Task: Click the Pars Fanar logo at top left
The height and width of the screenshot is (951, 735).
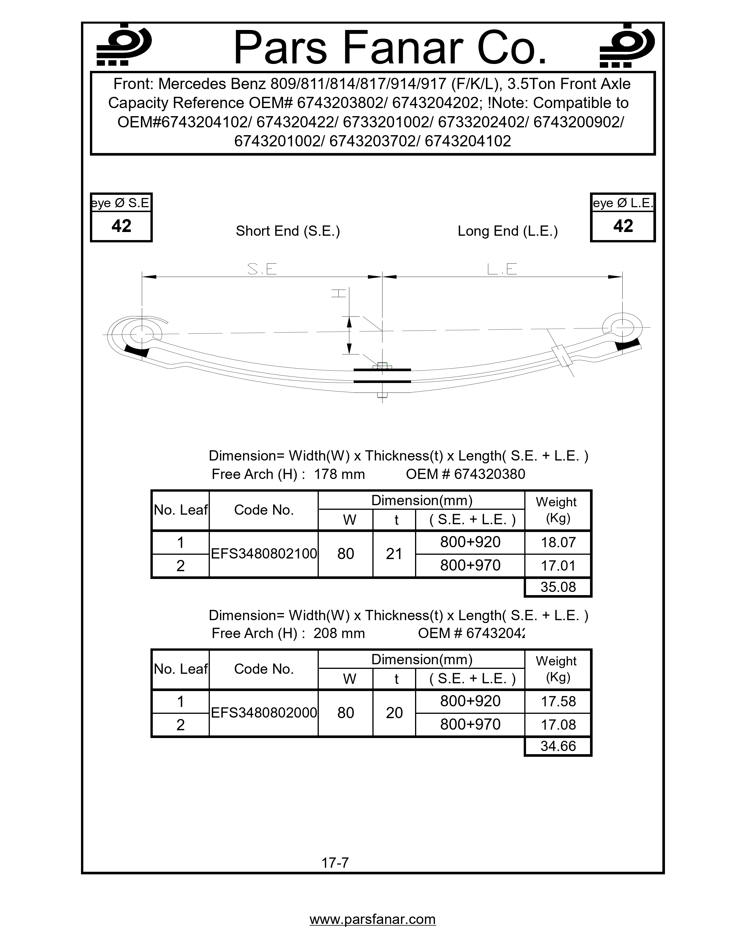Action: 124,45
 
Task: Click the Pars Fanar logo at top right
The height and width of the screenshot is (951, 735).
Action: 627,45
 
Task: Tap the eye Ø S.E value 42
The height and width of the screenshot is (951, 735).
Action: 121,226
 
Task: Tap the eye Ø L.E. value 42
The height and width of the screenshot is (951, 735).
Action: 623,226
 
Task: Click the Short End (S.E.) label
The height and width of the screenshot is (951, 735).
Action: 288,231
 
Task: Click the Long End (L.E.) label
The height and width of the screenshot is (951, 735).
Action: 507,231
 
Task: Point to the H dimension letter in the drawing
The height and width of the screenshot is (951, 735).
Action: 339,293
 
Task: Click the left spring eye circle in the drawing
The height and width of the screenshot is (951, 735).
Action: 142,334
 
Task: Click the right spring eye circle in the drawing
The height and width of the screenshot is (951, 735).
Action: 623,327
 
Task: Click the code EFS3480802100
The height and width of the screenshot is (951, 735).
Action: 264,554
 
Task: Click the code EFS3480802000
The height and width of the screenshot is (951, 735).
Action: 264,713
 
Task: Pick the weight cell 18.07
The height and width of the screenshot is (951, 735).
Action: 558,543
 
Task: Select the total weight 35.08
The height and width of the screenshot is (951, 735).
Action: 558,587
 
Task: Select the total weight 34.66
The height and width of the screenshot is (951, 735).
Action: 558,746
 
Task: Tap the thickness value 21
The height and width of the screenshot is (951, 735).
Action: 394,554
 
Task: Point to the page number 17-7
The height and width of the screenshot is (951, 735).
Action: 335,863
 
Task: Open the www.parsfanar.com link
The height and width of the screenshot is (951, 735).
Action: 372,919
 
